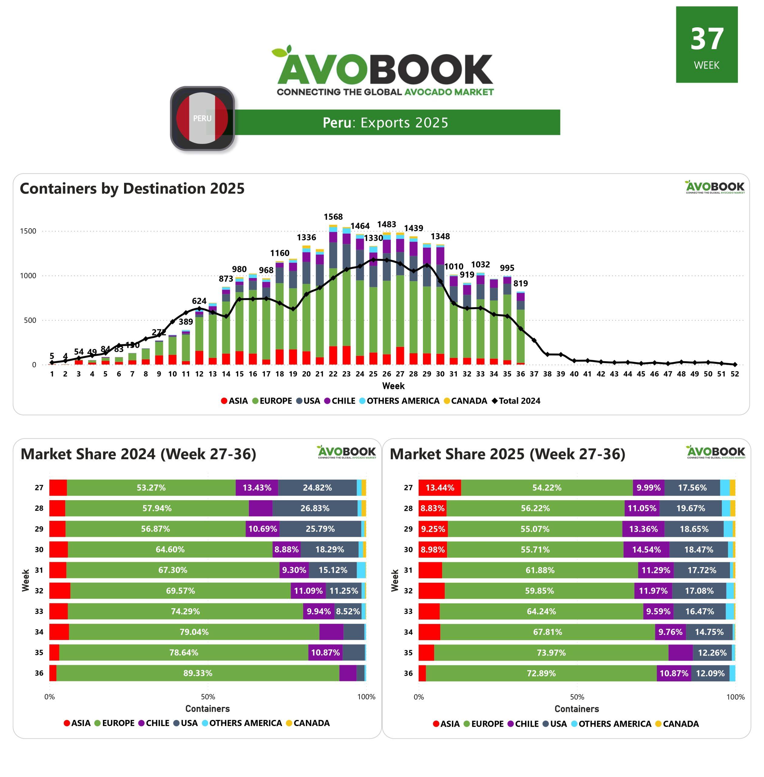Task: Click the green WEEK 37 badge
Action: click(706, 45)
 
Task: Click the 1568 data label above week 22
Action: click(333, 217)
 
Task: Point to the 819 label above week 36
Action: click(520, 283)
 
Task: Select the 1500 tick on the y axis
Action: click(28, 231)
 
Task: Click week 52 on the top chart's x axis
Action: click(734, 374)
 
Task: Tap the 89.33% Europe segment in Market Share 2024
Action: click(198, 673)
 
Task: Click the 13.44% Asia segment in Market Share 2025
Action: click(440, 488)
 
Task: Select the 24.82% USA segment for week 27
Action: click(317, 488)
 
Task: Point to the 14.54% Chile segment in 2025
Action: click(646, 549)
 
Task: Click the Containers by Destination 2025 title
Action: click(132, 188)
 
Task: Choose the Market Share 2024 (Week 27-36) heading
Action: click(138, 454)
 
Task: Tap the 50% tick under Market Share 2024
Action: click(208, 697)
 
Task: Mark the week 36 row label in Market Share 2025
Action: click(408, 673)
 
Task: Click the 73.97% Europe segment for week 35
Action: click(551, 653)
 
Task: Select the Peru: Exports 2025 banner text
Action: click(385, 122)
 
